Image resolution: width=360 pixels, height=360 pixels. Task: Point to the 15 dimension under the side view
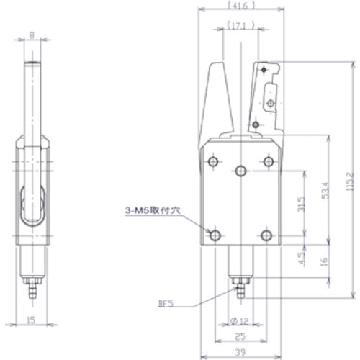point(31,319)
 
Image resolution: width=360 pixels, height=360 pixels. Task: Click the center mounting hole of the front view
point(240,171)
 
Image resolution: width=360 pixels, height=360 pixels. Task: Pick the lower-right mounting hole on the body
point(266,235)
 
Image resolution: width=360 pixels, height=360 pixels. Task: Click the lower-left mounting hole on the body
point(214,235)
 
